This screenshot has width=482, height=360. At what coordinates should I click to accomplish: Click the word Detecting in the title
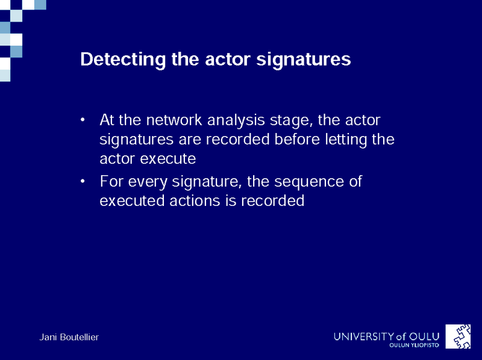(123, 59)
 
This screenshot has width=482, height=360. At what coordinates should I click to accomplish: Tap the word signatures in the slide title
(304, 59)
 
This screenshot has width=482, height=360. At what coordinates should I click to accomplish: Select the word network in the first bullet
(174, 120)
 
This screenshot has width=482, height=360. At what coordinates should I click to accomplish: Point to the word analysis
(236, 120)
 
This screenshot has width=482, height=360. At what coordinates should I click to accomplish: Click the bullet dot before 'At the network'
(82, 120)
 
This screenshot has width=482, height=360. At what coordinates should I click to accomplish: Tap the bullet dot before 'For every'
(82, 181)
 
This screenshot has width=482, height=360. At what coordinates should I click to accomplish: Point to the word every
(148, 182)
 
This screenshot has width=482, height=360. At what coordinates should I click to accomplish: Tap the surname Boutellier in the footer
(80, 337)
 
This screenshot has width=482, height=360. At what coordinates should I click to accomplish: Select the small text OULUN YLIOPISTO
(414, 346)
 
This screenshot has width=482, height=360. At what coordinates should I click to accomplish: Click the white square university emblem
(458, 337)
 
